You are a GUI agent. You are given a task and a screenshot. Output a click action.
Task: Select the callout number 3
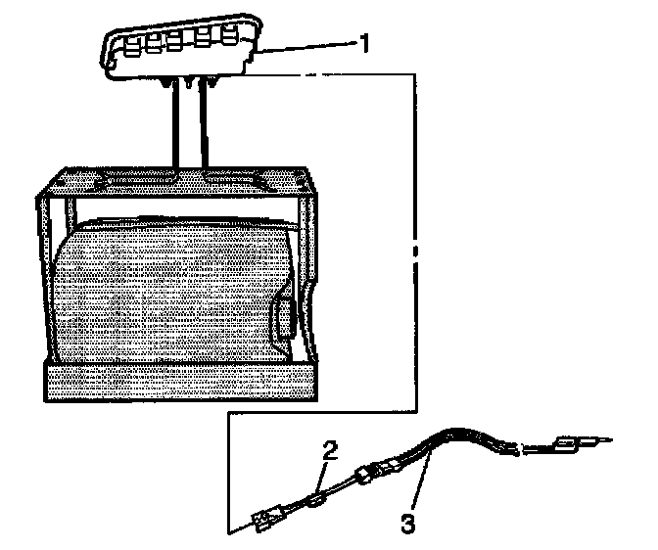pyautogui.click(x=407, y=524)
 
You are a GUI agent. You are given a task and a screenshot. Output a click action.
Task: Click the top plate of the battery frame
pyautogui.click(x=176, y=182)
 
